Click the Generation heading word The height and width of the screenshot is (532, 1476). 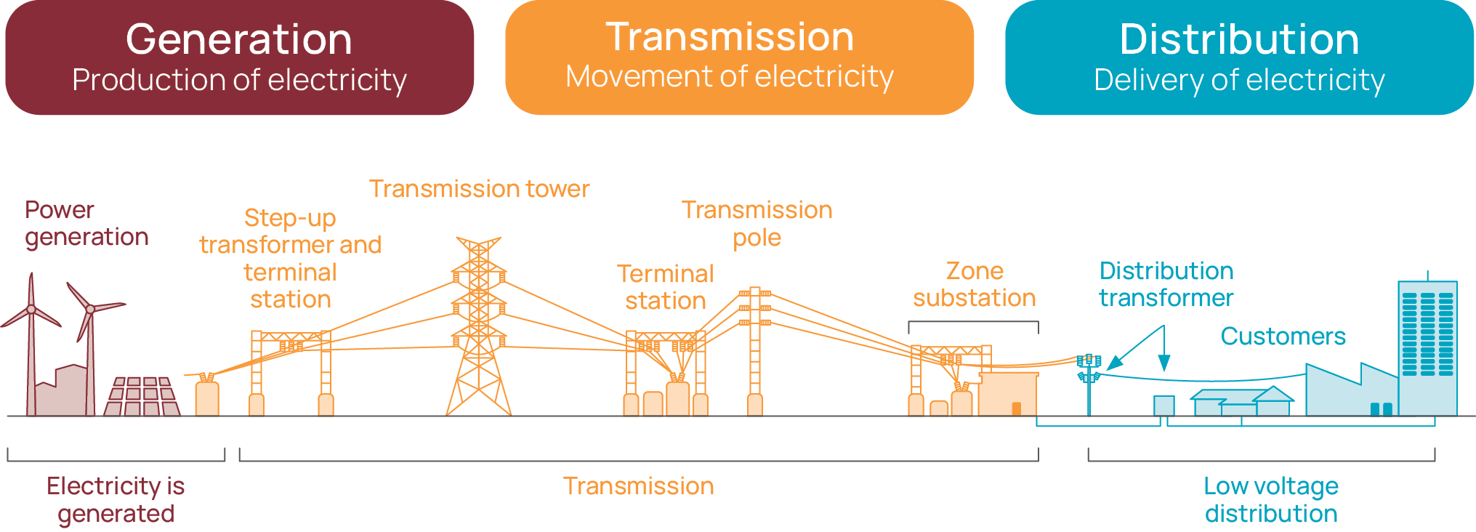pos(238,39)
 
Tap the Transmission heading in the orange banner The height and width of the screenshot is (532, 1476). pos(730,37)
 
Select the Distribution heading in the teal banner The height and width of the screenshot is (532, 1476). pos(1238,39)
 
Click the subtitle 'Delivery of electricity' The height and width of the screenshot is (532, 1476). pos(1238,80)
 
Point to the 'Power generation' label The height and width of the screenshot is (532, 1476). pos(86,223)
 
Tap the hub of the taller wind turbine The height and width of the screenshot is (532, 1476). pos(31,310)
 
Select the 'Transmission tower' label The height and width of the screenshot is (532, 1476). pos(479,189)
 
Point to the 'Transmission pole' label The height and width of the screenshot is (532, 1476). pos(757,223)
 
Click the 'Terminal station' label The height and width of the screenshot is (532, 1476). pos(665,287)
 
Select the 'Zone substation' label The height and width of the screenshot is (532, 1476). pos(974,284)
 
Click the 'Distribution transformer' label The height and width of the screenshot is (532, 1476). pos(1166,284)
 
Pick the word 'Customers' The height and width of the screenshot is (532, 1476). pos(1283,336)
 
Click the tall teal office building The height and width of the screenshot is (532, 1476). pos(1427,349)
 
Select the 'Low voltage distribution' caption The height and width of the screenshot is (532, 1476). pos(1270,499)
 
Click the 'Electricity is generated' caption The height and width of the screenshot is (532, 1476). pos(116,499)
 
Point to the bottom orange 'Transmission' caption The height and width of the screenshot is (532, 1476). pos(638,486)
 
